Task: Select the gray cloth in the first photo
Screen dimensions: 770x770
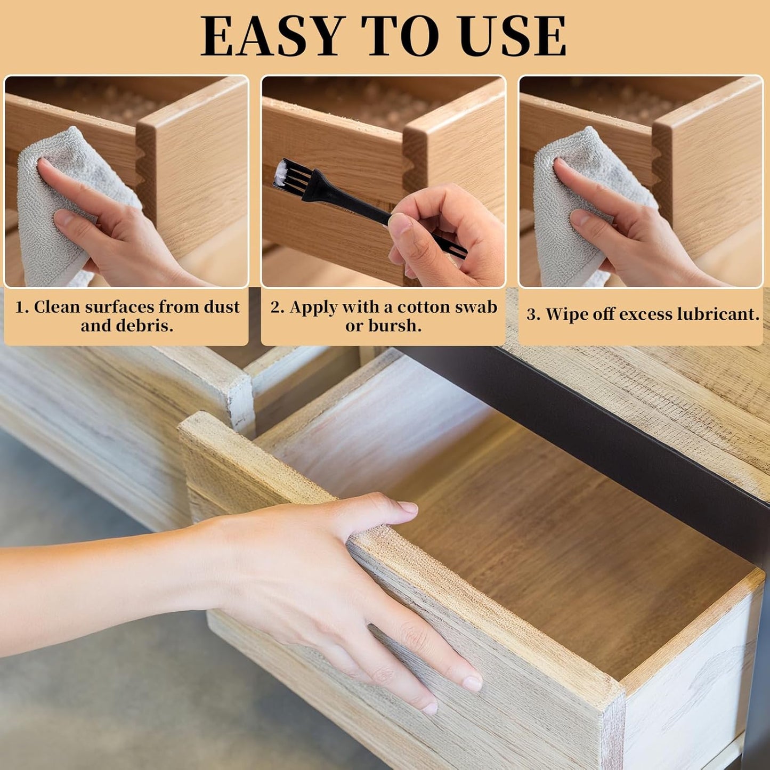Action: (51, 213)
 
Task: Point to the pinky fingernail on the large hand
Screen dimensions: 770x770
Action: (430, 708)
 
